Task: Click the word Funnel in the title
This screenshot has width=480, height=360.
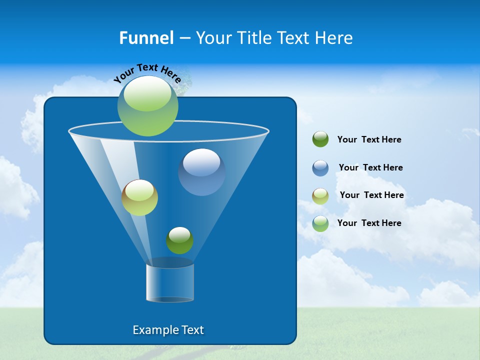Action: click(146, 37)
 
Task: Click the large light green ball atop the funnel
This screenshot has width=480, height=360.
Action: click(147, 105)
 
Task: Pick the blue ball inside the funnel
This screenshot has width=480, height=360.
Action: click(201, 171)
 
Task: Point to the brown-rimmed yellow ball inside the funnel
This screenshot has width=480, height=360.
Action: click(139, 197)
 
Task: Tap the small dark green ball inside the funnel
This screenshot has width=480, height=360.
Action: click(179, 240)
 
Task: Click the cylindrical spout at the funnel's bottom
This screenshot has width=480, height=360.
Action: click(169, 283)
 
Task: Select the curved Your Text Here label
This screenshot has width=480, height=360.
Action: click(147, 73)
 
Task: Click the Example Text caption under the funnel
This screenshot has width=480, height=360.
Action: click(168, 330)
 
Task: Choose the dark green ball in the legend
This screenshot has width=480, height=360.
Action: click(320, 139)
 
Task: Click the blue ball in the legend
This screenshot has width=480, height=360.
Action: click(320, 167)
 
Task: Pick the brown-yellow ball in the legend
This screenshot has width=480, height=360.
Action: click(320, 195)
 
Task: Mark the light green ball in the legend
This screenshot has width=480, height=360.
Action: click(320, 223)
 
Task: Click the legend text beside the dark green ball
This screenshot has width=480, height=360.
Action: click(369, 139)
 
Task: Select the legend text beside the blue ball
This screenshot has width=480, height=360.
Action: click(370, 167)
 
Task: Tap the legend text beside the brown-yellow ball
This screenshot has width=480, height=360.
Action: click(371, 195)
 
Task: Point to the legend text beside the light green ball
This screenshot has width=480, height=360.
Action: click(369, 223)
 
